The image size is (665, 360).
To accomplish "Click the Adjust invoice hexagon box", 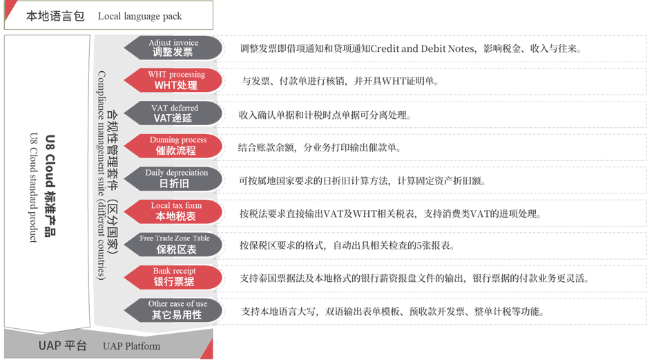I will [173, 48].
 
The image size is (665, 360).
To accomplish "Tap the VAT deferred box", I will [174, 113].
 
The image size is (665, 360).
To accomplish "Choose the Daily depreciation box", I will [174, 178].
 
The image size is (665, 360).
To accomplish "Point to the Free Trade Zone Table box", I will [174, 243].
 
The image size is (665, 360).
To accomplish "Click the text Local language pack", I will [140, 16].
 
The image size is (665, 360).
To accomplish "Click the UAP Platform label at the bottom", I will [131, 346].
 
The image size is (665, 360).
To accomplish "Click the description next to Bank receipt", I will [414, 278].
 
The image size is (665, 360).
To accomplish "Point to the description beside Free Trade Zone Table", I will [346, 245].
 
